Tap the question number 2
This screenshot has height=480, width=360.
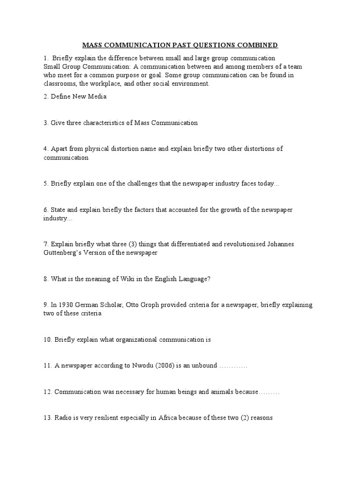point(46,97)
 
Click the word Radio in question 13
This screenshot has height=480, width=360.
point(63,417)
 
